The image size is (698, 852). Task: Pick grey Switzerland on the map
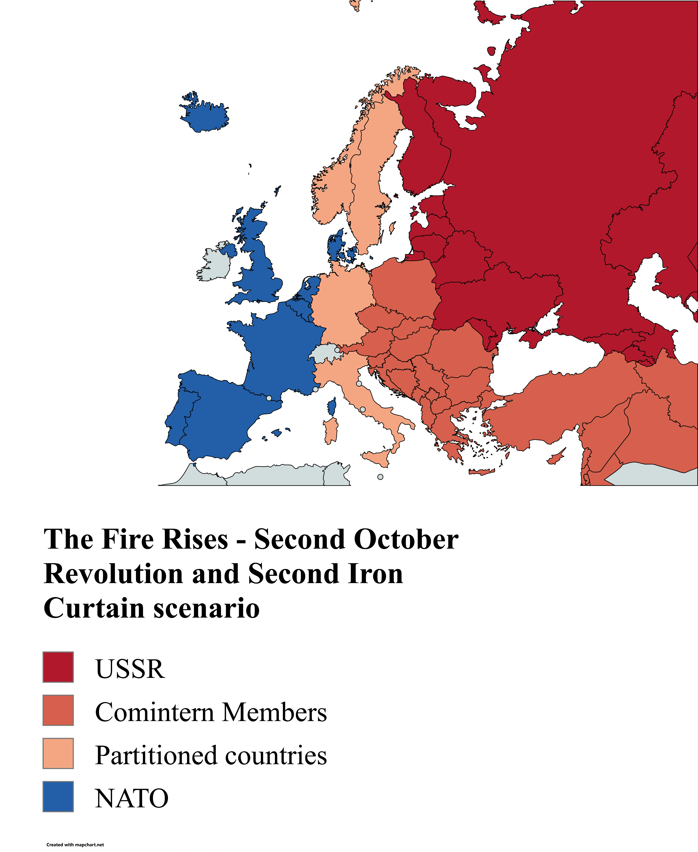click(325, 354)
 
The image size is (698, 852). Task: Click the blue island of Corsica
click(332, 407)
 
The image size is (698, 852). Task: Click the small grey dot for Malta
click(380, 477)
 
